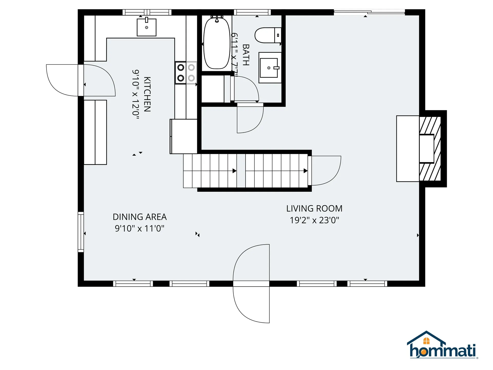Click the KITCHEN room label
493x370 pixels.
click(147, 94)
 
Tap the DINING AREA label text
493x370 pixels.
click(140, 217)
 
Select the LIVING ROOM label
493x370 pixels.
click(314, 208)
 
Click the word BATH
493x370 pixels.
click(246, 55)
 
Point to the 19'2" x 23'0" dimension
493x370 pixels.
click(314, 220)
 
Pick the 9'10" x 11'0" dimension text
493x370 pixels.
click(139, 228)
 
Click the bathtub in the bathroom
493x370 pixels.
click(217, 43)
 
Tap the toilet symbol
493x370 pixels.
click(267, 35)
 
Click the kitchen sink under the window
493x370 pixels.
click(147, 27)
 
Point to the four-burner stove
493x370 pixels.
click(186, 73)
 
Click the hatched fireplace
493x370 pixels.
click(430, 149)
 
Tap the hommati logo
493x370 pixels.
click(442, 346)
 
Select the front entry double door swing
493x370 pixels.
click(251, 283)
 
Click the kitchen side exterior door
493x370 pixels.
click(81, 80)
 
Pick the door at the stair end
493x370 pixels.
click(325, 170)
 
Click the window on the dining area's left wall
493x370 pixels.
click(81, 232)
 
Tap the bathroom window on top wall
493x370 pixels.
click(252, 12)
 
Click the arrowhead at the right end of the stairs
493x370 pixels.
click(306, 171)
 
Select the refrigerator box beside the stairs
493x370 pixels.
click(184, 136)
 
